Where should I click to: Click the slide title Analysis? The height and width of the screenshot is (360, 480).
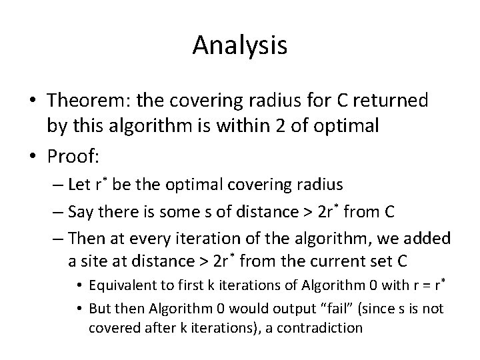point(240,45)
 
